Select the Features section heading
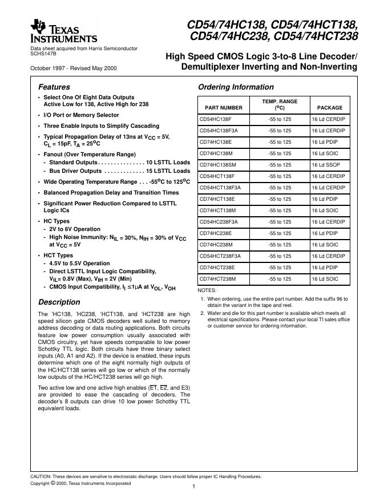click(x=54, y=87)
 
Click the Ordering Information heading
click(x=235, y=87)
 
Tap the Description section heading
click(x=59, y=302)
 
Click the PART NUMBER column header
click(x=220, y=107)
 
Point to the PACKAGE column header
click(x=330, y=107)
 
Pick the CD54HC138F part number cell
click(x=215, y=119)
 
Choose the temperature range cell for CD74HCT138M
click(x=280, y=210)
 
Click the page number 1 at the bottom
click(x=195, y=487)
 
